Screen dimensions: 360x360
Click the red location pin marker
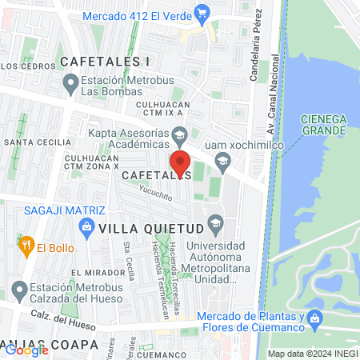pyautogui.click(x=180, y=163)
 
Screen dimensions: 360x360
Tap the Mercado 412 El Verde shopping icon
pyautogui.click(x=202, y=12)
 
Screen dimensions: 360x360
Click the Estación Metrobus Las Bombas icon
pyautogui.click(x=71, y=81)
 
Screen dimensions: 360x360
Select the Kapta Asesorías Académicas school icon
pyautogui.click(x=179, y=134)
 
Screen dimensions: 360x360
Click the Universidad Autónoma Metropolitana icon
pyautogui.click(x=214, y=222)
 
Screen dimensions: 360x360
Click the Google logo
pyautogui.click(x=26, y=349)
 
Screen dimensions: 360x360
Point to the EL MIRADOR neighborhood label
pyautogui.click(x=97, y=273)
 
